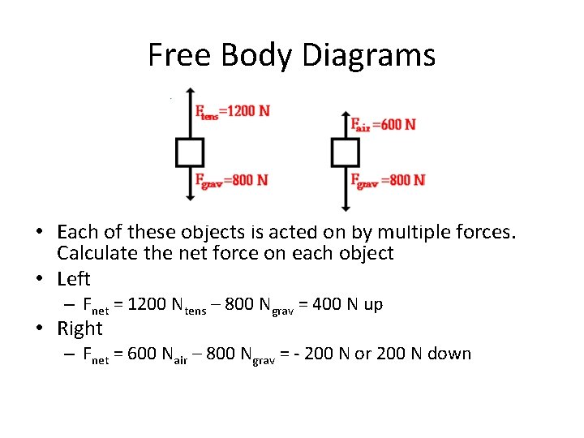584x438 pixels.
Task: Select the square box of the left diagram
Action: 189,152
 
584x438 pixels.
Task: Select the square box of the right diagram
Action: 346,152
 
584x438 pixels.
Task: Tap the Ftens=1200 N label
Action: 232,111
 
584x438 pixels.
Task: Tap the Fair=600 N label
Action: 383,124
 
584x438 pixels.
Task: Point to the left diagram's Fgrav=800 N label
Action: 231,179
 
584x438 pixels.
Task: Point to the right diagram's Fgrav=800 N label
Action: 388,179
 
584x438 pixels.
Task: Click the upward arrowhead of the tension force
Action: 189,92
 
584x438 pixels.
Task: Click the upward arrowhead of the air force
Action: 346,115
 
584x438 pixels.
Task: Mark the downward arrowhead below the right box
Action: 346,208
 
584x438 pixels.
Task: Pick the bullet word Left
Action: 74,279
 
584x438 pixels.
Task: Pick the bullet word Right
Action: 79,328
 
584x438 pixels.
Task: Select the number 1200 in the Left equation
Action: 144,304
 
